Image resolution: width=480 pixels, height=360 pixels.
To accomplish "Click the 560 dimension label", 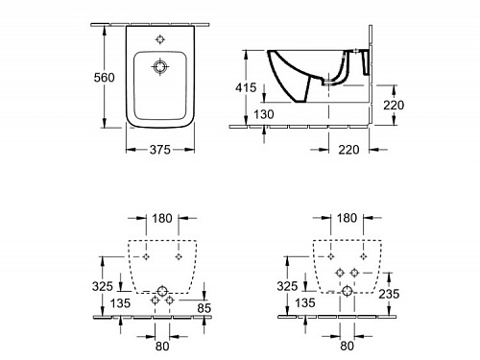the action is tap(104, 78).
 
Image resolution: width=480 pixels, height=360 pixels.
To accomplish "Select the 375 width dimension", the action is tap(160, 150).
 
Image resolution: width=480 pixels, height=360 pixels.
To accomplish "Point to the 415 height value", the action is tap(246, 87).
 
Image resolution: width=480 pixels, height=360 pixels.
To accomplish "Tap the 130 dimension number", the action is tap(264, 114).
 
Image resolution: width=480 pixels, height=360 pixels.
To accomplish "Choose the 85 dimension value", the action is tap(204, 308).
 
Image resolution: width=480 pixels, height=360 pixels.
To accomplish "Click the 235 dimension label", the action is tap(389, 294).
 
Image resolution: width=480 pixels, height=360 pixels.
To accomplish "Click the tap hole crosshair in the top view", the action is tap(160, 39).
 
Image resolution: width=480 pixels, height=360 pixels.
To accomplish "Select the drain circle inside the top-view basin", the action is tap(159, 67).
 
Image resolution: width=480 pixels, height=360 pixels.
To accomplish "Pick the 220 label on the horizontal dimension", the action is tap(348, 150).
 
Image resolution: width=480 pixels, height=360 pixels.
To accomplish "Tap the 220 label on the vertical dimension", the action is tap(394, 105).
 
